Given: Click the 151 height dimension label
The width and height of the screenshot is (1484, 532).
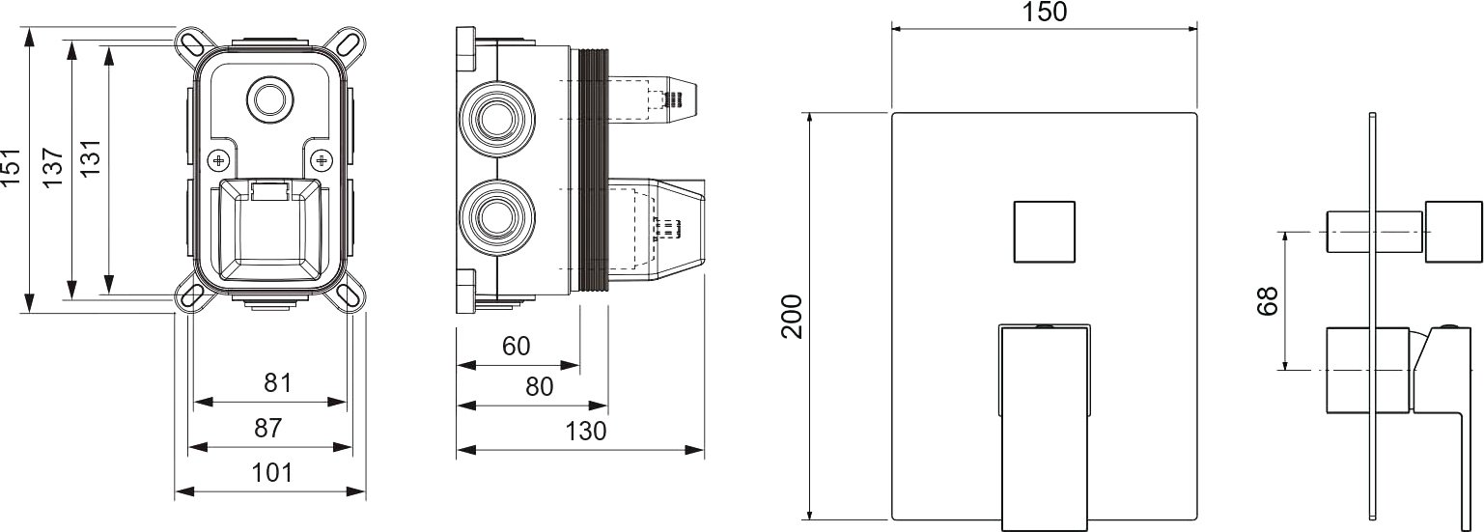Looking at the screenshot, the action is [x=12, y=166].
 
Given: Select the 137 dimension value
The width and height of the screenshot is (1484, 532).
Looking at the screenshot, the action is [x=52, y=167].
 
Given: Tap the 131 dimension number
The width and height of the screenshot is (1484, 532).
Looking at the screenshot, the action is [x=90, y=157].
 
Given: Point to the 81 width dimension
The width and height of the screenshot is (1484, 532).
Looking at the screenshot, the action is [x=278, y=383].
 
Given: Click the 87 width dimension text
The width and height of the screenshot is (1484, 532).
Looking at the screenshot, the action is [x=268, y=428].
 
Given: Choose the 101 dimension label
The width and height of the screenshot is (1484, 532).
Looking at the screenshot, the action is [x=271, y=473].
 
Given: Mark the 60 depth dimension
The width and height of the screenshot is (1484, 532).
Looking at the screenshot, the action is [x=517, y=346].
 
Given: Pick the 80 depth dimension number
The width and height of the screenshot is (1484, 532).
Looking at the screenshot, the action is [x=539, y=386].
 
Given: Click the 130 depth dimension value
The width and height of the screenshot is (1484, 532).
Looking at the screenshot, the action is [x=586, y=432].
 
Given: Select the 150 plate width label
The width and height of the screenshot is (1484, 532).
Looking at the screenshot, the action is [x=1046, y=12].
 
